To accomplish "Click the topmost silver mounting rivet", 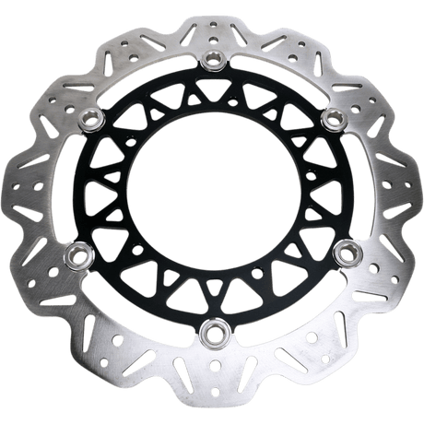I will tap(213, 62).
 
